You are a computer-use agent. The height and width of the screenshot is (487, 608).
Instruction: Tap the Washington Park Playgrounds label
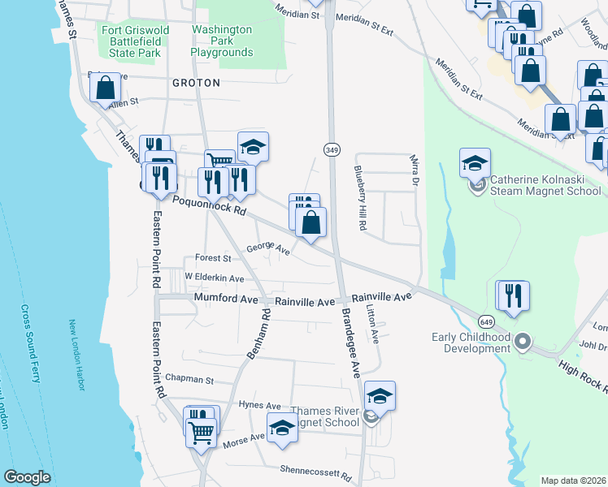222,41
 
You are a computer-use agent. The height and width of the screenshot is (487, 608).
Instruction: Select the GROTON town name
195,83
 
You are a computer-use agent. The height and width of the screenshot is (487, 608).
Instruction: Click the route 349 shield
332,150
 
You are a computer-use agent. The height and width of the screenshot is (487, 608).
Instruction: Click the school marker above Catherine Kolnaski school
475,163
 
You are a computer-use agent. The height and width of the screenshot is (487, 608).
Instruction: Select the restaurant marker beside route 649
513,295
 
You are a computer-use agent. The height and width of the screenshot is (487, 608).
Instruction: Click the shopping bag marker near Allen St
106,88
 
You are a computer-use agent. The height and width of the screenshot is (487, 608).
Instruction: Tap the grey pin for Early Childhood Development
523,341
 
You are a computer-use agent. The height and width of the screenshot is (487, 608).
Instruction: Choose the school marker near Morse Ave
282,427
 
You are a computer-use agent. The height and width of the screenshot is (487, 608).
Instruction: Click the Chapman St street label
189,378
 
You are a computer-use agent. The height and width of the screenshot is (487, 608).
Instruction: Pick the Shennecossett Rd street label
315,470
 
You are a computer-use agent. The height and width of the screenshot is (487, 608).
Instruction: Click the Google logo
27,477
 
